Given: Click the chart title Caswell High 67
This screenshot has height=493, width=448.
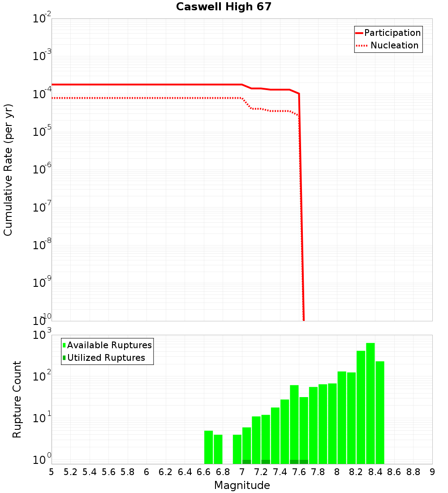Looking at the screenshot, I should [224, 7].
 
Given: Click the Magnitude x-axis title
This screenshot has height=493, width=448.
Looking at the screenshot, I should [242, 485].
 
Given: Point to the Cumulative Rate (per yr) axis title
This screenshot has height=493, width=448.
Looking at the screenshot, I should [8, 169].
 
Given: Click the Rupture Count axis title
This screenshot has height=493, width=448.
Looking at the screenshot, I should [17, 399].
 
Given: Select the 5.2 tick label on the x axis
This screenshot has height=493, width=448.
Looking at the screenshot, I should [71, 471].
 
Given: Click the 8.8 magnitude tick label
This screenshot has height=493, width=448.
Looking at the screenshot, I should [413, 471].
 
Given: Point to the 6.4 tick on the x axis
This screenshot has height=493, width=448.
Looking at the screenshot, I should [185, 471].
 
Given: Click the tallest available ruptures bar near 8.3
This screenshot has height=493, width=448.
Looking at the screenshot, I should [370, 403].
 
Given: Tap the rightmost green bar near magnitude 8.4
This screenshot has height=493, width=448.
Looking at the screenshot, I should [380, 412].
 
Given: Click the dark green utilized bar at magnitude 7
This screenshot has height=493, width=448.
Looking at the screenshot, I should [246, 462].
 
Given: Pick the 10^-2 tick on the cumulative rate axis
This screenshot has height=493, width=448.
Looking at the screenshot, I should [42, 19].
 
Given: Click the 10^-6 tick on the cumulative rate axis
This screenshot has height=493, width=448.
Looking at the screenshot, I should [42, 170].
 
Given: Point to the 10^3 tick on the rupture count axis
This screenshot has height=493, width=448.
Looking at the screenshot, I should [42, 335].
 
